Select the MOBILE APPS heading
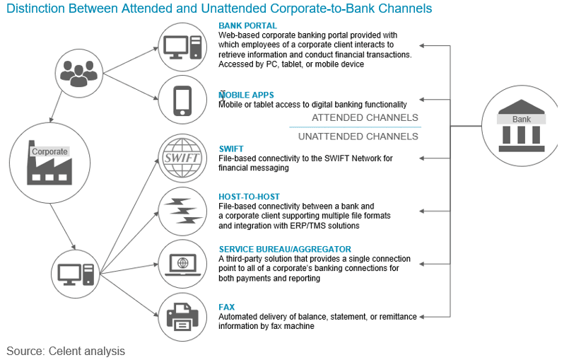[246, 95]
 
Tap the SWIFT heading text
[231, 149]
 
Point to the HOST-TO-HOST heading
[249, 196]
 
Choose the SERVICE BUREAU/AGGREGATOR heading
[284, 249]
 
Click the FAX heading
[227, 307]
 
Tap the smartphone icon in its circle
[183, 100]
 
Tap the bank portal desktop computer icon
[183, 47]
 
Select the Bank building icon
[521, 126]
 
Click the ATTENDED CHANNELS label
[365, 117]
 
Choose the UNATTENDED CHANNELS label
[358, 136]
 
